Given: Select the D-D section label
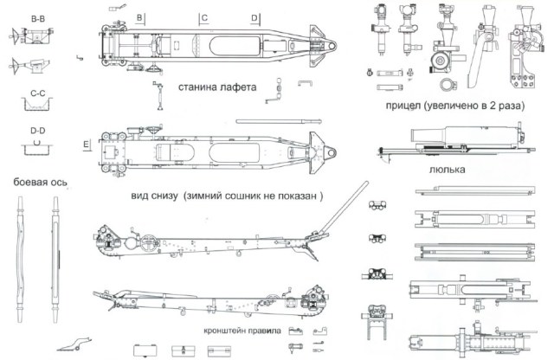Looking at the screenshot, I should [37, 130].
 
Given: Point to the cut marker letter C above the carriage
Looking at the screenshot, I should [204, 17].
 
